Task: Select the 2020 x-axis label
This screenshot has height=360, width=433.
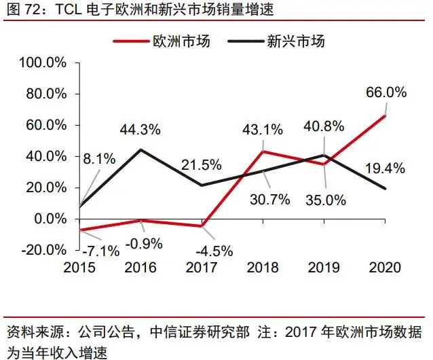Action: [385, 268]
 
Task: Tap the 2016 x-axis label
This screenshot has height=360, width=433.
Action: [140, 268]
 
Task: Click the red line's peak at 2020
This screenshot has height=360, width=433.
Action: [385, 115]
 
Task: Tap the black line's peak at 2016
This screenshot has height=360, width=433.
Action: [140, 149]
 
